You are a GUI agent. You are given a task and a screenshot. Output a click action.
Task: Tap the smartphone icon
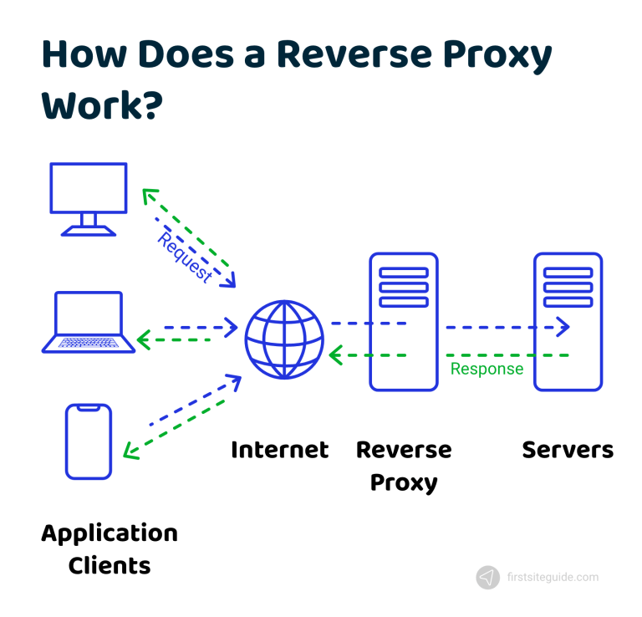point(89,441)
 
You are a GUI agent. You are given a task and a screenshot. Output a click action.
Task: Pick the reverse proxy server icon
point(403,322)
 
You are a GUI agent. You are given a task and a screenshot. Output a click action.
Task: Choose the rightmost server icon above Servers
point(568,322)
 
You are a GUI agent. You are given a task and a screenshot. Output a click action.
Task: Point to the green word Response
point(487,369)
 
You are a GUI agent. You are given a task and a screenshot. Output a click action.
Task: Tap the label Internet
point(279,450)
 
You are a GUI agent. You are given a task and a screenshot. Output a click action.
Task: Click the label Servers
point(568,450)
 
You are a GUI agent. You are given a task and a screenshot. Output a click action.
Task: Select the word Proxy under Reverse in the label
point(404,482)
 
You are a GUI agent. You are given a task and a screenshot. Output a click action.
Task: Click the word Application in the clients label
point(110,533)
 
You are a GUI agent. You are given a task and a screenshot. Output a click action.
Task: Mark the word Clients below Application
point(110,566)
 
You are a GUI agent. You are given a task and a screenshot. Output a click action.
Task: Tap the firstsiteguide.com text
point(552,577)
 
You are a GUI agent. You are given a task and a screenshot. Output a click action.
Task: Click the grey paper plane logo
point(488,578)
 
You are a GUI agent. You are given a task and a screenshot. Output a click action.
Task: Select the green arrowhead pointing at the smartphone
point(129,453)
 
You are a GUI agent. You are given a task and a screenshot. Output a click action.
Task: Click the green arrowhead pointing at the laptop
point(143,340)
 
